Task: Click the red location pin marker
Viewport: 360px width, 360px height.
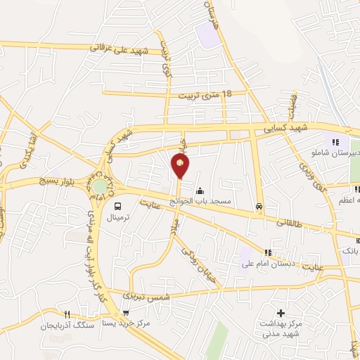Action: coord(181,165)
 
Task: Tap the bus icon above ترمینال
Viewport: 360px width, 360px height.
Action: coord(117,207)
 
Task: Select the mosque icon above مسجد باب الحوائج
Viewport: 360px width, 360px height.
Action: coord(200,191)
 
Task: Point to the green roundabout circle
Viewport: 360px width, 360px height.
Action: coord(101,186)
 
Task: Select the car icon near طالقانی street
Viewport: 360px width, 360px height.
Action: coord(259,207)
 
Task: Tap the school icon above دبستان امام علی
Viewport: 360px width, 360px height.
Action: coord(267,253)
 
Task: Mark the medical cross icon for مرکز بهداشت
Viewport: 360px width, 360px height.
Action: coord(281,313)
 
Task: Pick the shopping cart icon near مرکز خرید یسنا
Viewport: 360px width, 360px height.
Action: coord(125,314)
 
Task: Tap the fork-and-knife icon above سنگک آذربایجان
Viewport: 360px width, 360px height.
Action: coord(67,314)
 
